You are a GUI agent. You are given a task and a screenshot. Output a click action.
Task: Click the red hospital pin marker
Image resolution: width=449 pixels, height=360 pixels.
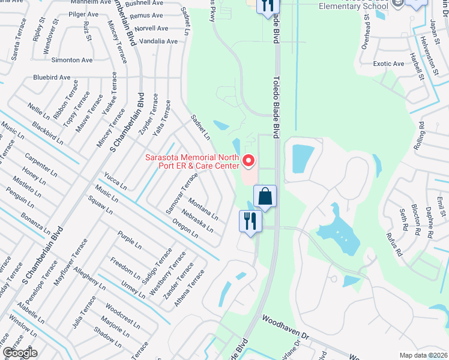249,161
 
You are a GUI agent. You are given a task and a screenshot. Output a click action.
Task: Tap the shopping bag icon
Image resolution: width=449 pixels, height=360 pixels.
265,196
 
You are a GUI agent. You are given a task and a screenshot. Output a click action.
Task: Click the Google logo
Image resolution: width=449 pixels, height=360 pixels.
20,353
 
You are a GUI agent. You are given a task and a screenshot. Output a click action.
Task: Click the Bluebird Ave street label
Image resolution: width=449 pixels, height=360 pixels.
52,77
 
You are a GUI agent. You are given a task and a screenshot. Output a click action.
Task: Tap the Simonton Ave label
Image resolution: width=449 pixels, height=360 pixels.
72,60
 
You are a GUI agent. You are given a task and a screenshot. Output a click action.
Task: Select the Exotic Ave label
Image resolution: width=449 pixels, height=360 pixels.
388,64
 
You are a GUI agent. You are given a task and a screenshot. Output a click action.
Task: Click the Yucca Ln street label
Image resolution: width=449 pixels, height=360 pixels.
115,181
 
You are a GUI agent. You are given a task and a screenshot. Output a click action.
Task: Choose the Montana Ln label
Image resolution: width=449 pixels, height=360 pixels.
203,209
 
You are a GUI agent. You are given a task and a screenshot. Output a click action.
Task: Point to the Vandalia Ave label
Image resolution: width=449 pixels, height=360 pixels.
158,41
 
